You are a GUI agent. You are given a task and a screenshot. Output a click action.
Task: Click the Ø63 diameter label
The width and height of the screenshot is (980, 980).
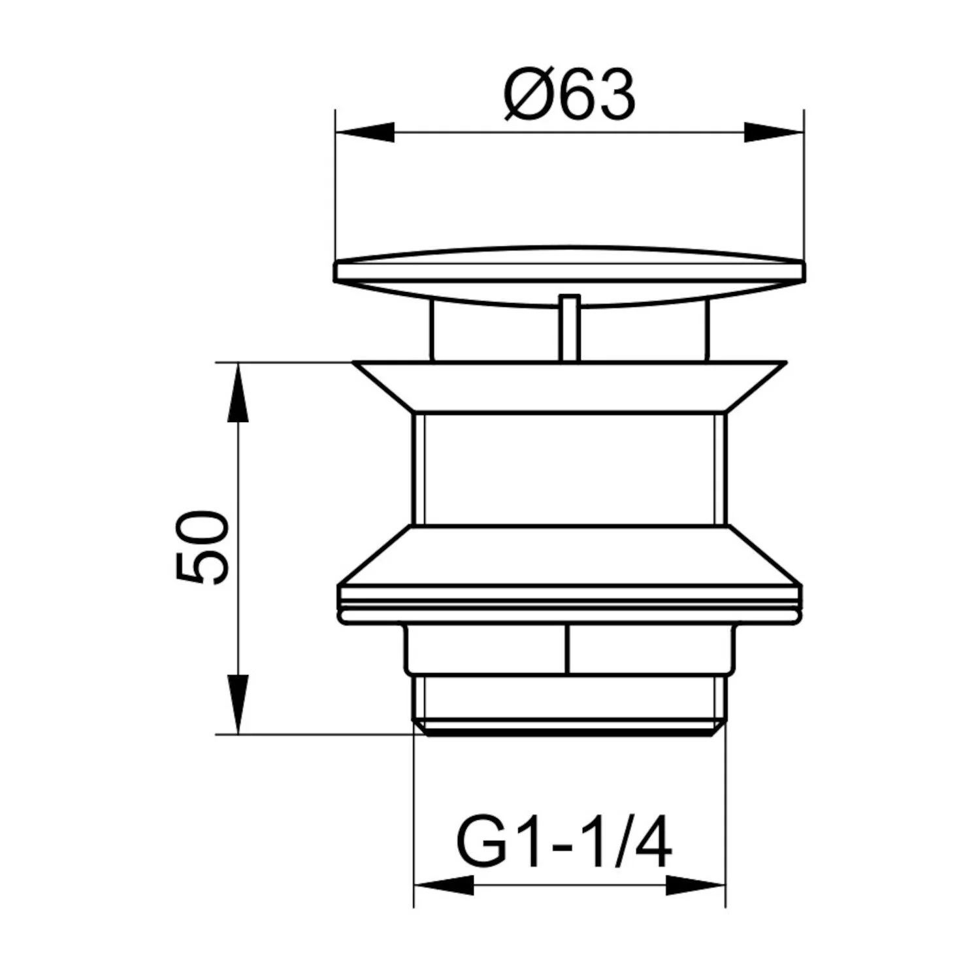tap(569, 95)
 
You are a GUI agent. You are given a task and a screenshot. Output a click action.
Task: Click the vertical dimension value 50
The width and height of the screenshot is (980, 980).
tap(203, 547)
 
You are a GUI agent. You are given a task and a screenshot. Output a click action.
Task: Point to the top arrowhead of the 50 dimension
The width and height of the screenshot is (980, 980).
tap(238, 392)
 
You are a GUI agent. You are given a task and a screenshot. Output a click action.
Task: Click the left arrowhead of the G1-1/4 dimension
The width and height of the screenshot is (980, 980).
tap(444, 886)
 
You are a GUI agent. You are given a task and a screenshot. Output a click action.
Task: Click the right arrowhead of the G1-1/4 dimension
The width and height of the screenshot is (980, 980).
tap(695, 886)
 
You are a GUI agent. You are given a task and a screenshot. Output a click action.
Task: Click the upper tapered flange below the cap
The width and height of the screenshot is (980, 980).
tap(569, 387)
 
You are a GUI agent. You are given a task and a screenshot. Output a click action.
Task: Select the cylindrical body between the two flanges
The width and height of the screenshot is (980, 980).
tap(569, 468)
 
